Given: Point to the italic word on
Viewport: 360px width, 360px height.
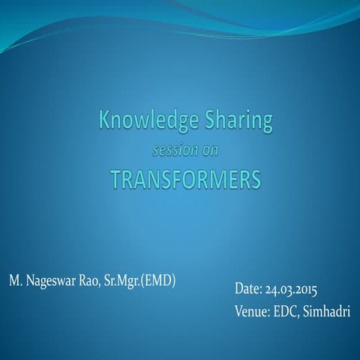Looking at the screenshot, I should pyautogui.click(x=212, y=149).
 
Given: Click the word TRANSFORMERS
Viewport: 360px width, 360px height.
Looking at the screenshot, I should pyautogui.click(x=185, y=180).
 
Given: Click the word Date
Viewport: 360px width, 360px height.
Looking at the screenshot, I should pyautogui.click(x=248, y=289).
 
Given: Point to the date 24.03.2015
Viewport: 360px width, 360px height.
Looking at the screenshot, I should pyautogui.click(x=292, y=289).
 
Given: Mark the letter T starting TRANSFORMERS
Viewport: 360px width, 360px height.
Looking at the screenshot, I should pyautogui.click(x=115, y=180).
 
